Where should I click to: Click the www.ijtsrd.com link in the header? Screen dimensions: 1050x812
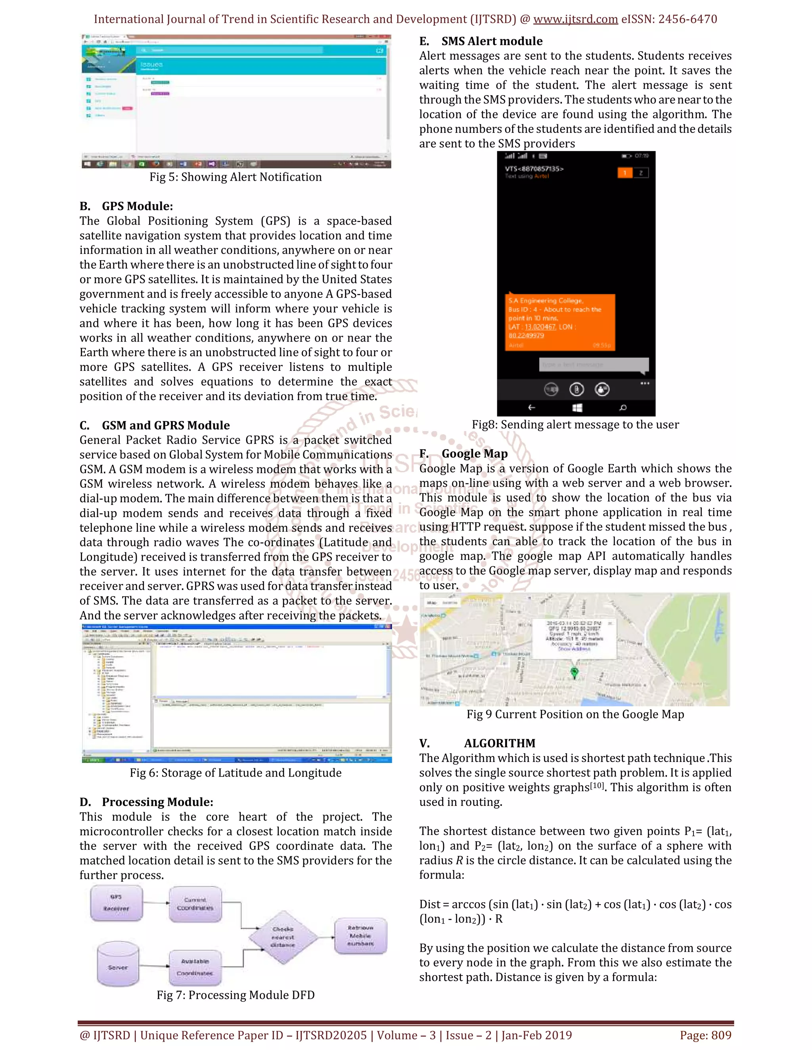coord(575,19)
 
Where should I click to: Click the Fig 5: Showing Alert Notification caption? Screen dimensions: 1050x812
coord(235,177)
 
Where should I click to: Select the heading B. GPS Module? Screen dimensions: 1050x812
coord(126,206)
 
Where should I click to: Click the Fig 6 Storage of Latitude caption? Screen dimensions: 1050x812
coord(235,773)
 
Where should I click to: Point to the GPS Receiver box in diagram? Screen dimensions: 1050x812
coord(117,903)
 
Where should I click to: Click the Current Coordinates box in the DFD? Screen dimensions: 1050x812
coord(195,904)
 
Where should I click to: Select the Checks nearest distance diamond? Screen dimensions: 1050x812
coord(283,937)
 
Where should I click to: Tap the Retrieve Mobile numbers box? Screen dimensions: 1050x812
coord(360,935)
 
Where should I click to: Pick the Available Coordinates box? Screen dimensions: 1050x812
coord(195,967)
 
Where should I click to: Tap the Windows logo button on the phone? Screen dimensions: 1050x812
coord(577,408)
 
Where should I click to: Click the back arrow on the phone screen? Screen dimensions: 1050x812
coord(532,408)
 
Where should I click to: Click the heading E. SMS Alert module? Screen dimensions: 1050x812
coord(481,41)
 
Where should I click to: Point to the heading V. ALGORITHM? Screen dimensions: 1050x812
coord(477,743)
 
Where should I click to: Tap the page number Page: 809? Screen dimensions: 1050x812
coord(705,1035)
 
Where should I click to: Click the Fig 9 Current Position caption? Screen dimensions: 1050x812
coord(575,714)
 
